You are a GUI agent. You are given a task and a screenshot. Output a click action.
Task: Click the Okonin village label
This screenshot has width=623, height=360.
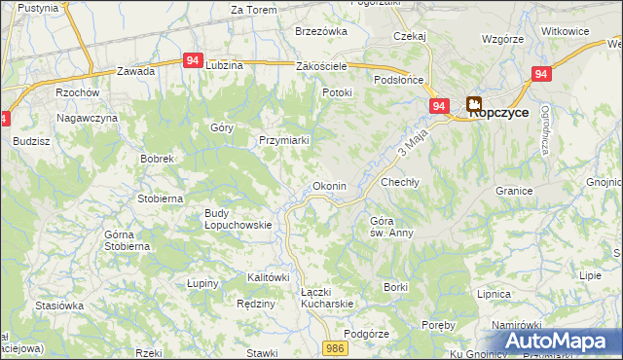click(327, 186)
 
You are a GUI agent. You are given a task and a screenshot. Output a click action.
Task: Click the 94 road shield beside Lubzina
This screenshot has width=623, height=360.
click(193, 60)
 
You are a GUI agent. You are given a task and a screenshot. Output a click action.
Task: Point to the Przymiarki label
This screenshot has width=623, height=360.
click(283, 140)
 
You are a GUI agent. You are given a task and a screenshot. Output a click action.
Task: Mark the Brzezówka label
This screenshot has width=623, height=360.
click(321, 31)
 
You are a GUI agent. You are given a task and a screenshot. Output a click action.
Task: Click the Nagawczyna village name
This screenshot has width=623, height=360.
click(87, 117)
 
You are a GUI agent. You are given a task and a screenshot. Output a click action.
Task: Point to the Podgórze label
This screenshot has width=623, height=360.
click(367, 332)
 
